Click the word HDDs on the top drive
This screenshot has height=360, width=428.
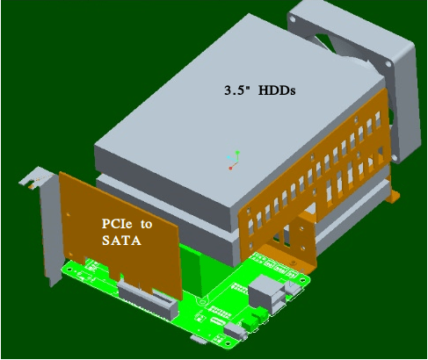(x=274, y=90)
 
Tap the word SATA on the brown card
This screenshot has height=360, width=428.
(x=120, y=240)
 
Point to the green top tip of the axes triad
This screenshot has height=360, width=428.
(x=238, y=151)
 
